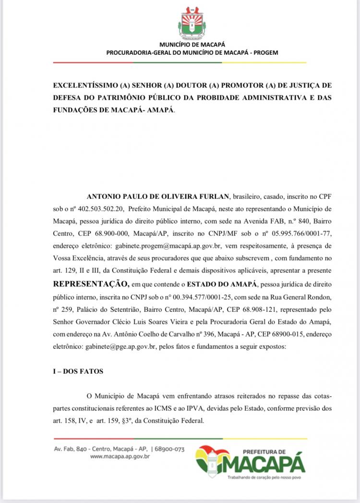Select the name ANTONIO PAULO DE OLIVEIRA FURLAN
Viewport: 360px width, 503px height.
tap(158, 197)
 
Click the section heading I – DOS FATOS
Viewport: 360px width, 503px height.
tap(78, 371)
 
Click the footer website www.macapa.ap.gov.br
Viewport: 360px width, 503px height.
tap(120, 457)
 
